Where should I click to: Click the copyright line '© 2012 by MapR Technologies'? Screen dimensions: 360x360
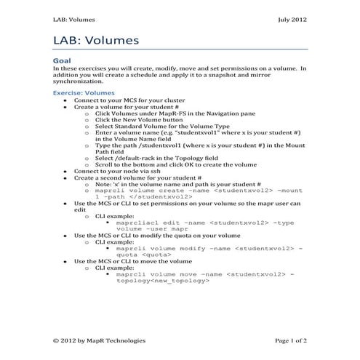(100, 340)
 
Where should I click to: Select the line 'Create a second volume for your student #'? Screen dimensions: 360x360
(137, 177)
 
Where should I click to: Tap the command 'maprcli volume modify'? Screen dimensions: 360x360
(150, 248)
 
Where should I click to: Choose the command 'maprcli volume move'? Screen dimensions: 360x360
(145, 273)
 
